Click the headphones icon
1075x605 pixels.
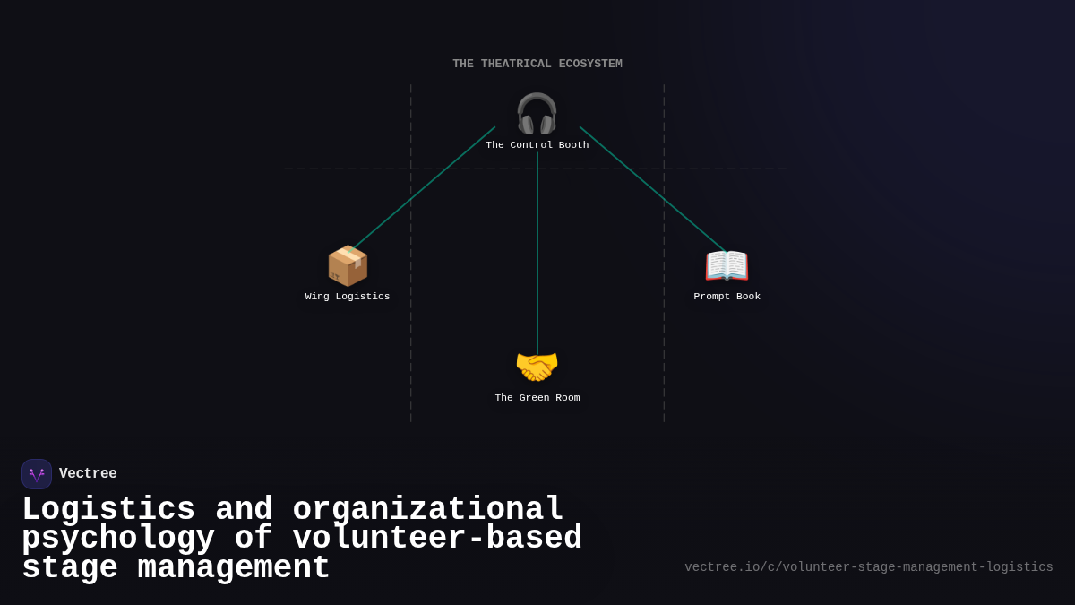coord(537,114)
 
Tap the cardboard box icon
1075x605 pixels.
coord(348,265)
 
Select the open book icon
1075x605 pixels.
coord(727,265)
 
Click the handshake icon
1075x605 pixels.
coord(537,367)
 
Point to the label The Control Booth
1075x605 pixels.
coord(537,145)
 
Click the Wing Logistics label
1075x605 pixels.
coord(348,297)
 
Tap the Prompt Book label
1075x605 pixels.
coord(727,297)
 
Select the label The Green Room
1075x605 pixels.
coord(537,398)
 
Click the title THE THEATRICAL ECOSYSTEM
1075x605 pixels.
coord(537,65)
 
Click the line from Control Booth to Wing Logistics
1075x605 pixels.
coord(421,190)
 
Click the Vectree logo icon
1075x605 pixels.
coord(37,474)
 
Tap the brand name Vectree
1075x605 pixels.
coord(88,474)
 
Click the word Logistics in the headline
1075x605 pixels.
coord(108,510)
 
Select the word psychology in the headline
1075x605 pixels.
coord(118,539)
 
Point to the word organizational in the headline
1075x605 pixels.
coord(428,510)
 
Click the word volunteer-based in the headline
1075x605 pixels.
coord(437,539)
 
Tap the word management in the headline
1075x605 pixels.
coord(234,568)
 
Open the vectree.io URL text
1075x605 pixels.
coord(868,567)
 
